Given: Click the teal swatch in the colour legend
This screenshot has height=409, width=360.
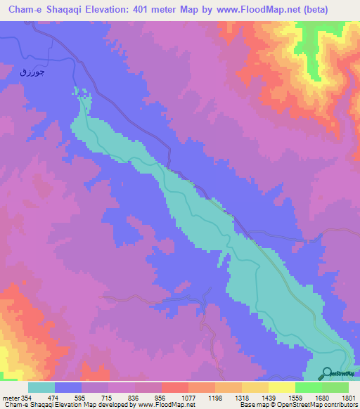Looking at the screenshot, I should pyautogui.click(x=41, y=387).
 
